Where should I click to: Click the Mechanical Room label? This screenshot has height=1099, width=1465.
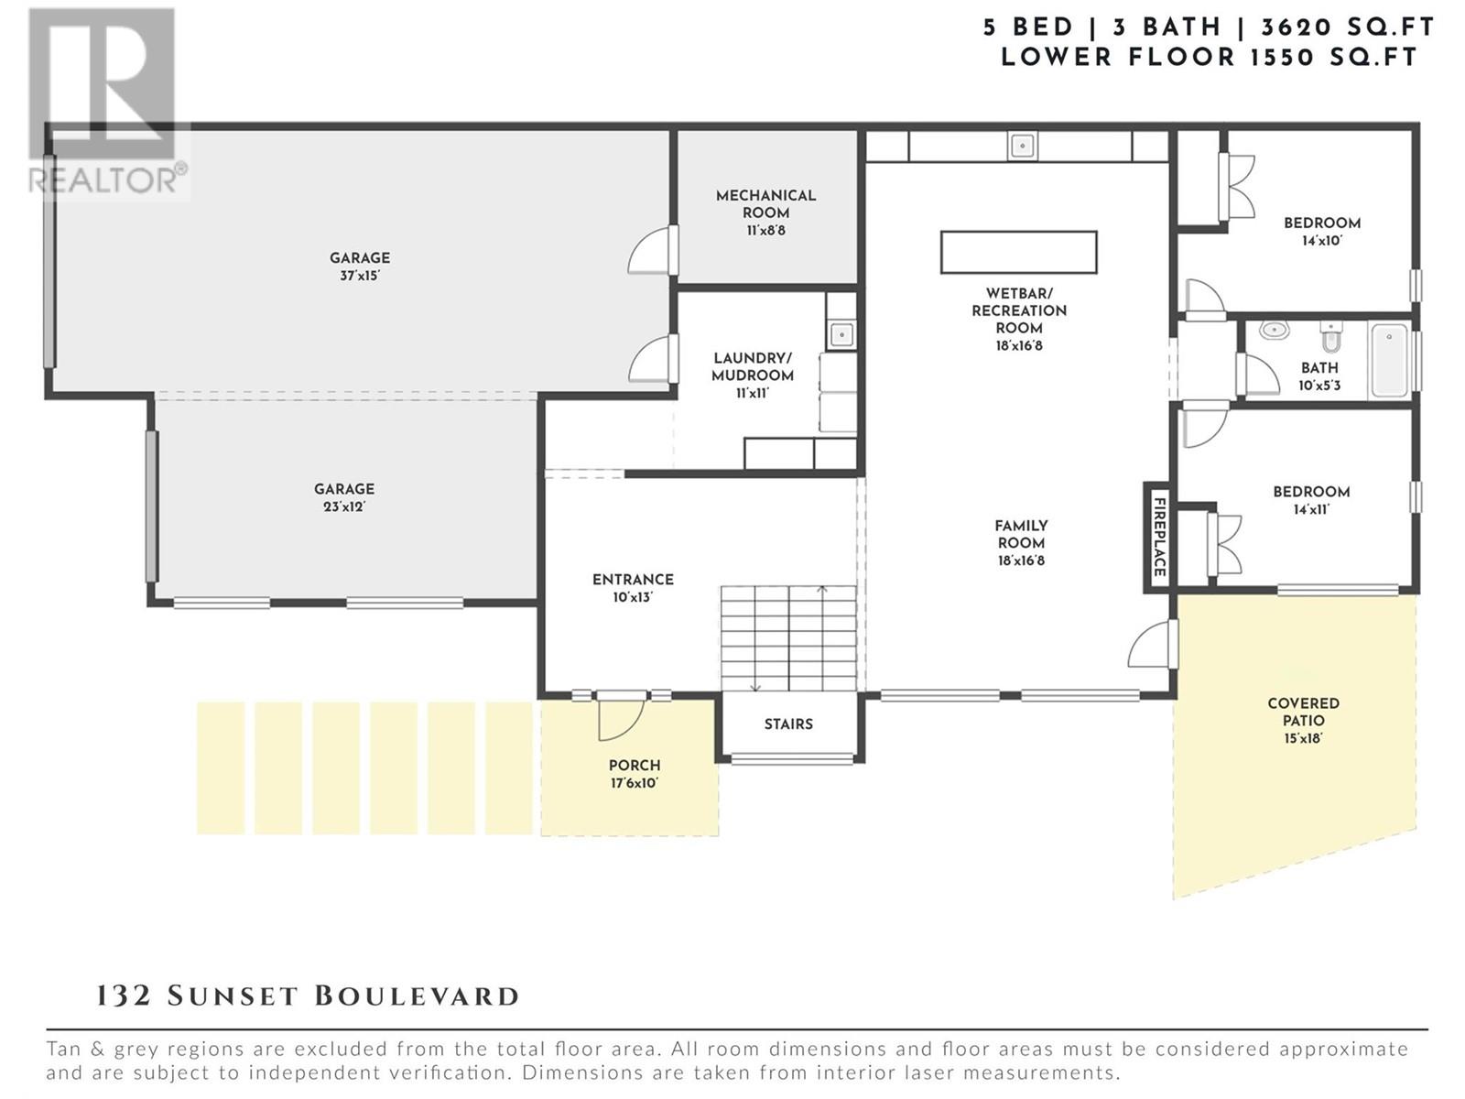point(765,212)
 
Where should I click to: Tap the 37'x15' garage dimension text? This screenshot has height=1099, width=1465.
point(360,275)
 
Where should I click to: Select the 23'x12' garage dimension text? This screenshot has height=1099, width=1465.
point(343,506)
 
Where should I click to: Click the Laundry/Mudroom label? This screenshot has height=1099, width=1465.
point(753,375)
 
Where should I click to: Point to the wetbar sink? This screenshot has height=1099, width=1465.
point(1022,146)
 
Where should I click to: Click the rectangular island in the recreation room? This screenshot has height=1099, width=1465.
point(1018,252)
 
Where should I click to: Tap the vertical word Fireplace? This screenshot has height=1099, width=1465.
point(1159,538)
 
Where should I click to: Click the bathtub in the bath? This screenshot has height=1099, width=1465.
point(1390,360)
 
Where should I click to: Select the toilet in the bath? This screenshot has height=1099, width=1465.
point(1330,338)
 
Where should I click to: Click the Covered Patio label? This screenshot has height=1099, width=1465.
point(1303,721)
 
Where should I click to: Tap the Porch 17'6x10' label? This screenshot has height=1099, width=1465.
point(634,774)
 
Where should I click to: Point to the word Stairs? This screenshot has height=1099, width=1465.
point(788,724)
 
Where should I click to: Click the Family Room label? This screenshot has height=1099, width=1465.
point(1021,543)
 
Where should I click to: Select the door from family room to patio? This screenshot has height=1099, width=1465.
point(1153,644)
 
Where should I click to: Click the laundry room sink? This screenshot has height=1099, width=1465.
point(841,333)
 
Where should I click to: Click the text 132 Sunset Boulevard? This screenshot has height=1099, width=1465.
point(308,997)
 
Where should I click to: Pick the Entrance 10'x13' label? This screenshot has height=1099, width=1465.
point(633,588)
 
